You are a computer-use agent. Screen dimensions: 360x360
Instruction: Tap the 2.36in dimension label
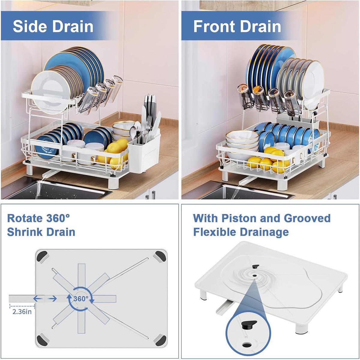pos(22,311)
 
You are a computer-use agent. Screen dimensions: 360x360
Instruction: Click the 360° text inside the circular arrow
pos(81,299)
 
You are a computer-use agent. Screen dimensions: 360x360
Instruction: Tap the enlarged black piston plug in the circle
pos(249,325)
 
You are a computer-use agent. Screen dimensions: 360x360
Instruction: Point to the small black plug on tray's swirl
pos(255,267)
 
